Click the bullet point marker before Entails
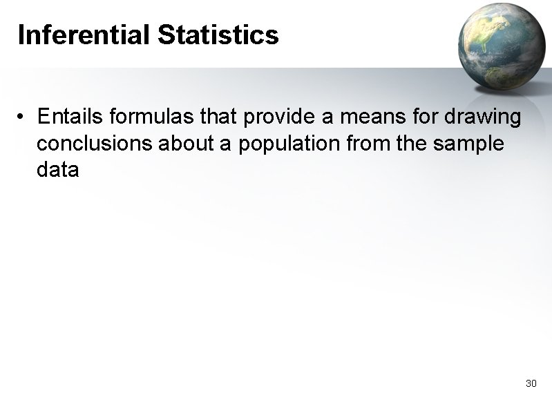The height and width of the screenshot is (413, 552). coord(23,118)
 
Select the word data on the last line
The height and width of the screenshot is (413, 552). coord(58,170)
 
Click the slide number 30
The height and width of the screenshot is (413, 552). coord(531,383)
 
